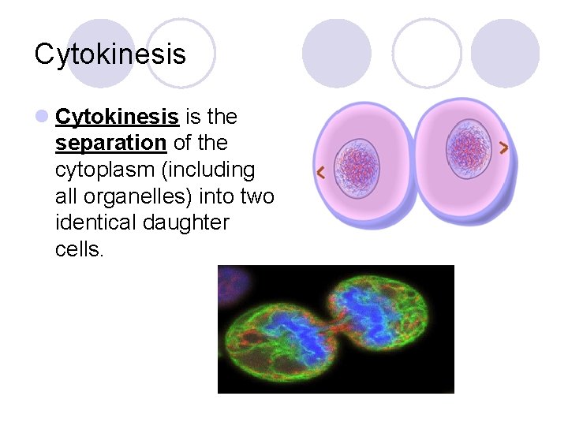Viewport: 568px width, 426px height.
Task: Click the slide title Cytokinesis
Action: [110, 54]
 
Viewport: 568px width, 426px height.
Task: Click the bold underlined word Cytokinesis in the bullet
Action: [117, 118]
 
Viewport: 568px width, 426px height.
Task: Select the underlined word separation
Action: [110, 144]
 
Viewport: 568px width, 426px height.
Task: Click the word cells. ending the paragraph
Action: [80, 248]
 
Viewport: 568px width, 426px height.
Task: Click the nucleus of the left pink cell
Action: [357, 167]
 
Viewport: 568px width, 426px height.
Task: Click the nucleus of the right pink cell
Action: [469, 148]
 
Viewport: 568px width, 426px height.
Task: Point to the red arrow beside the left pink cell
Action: [320, 173]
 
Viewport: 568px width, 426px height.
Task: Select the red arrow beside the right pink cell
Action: [504, 147]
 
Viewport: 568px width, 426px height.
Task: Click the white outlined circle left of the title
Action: [181, 53]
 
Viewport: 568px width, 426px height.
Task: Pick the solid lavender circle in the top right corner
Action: [505, 53]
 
